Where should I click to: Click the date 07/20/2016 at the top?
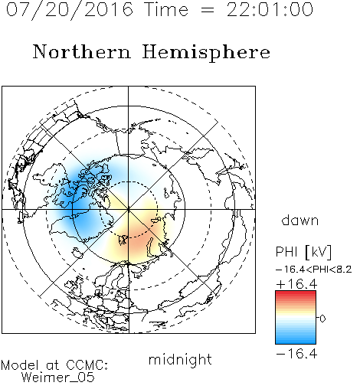[x=70, y=10]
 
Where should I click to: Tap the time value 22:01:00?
[x=270, y=10]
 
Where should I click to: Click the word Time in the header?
[x=166, y=10]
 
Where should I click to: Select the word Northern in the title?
[x=82, y=51]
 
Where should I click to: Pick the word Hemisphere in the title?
[x=206, y=53]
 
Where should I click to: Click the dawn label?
[x=300, y=220]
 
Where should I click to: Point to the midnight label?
[x=180, y=359]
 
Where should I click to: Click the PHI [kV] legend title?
[x=303, y=252]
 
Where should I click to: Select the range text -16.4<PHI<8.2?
[x=314, y=270]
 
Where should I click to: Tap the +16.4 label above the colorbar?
[x=296, y=284]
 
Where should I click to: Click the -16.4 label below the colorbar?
[x=296, y=354]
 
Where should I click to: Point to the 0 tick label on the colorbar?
[x=322, y=319]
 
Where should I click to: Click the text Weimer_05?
[x=58, y=378]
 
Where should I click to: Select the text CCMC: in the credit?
[x=87, y=365]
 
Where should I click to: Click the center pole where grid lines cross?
[x=129, y=210]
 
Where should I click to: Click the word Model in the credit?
[x=20, y=365]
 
